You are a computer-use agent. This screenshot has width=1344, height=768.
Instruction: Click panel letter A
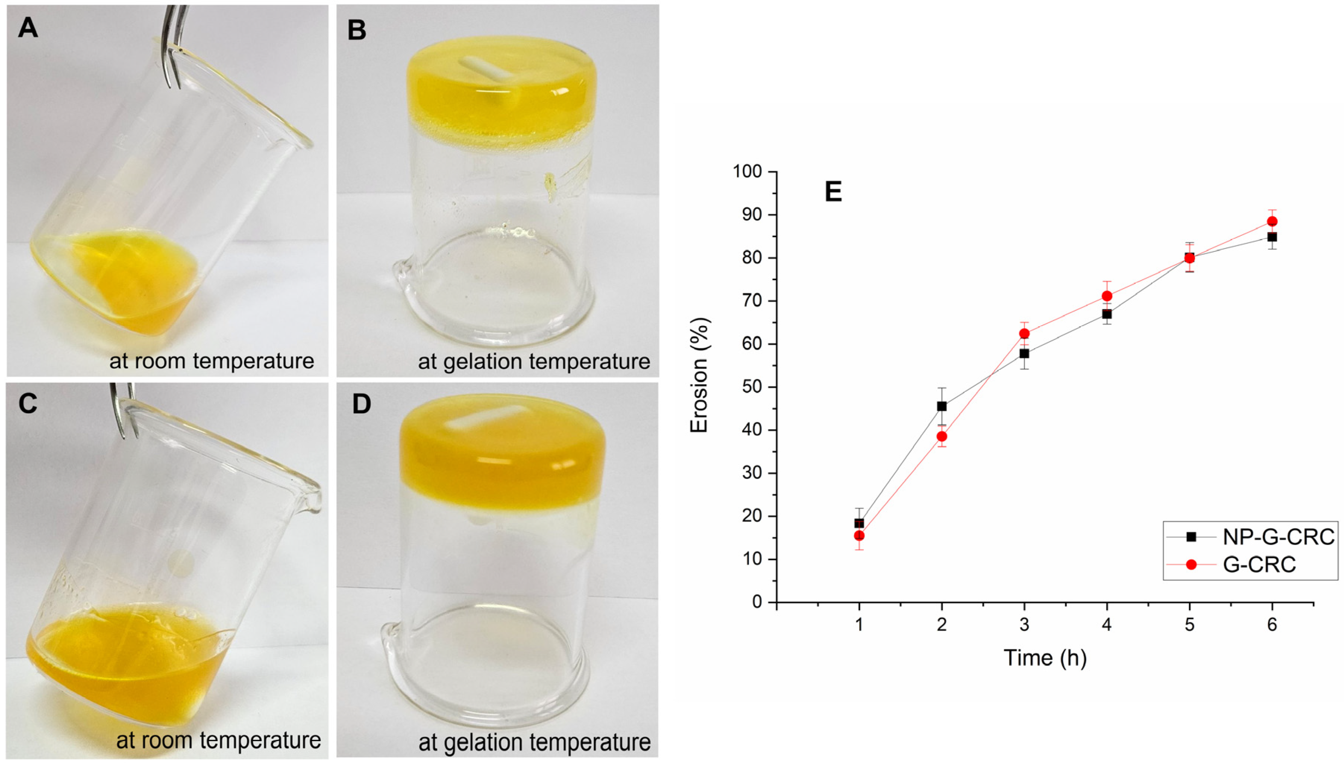[28, 28]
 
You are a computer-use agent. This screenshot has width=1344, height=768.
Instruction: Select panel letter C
[28, 404]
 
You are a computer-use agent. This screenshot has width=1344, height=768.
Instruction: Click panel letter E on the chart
[833, 192]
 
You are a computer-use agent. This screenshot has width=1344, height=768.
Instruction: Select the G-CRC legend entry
[1259, 565]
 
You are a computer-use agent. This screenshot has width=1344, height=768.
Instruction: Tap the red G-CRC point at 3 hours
[1024, 333]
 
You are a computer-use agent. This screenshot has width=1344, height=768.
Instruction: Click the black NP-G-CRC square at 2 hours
[942, 406]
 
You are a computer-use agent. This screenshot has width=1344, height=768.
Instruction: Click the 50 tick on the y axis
[753, 387]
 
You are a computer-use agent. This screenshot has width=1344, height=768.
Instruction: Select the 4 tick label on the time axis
[1107, 626]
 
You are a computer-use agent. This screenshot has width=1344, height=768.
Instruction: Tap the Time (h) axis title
[1045, 658]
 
